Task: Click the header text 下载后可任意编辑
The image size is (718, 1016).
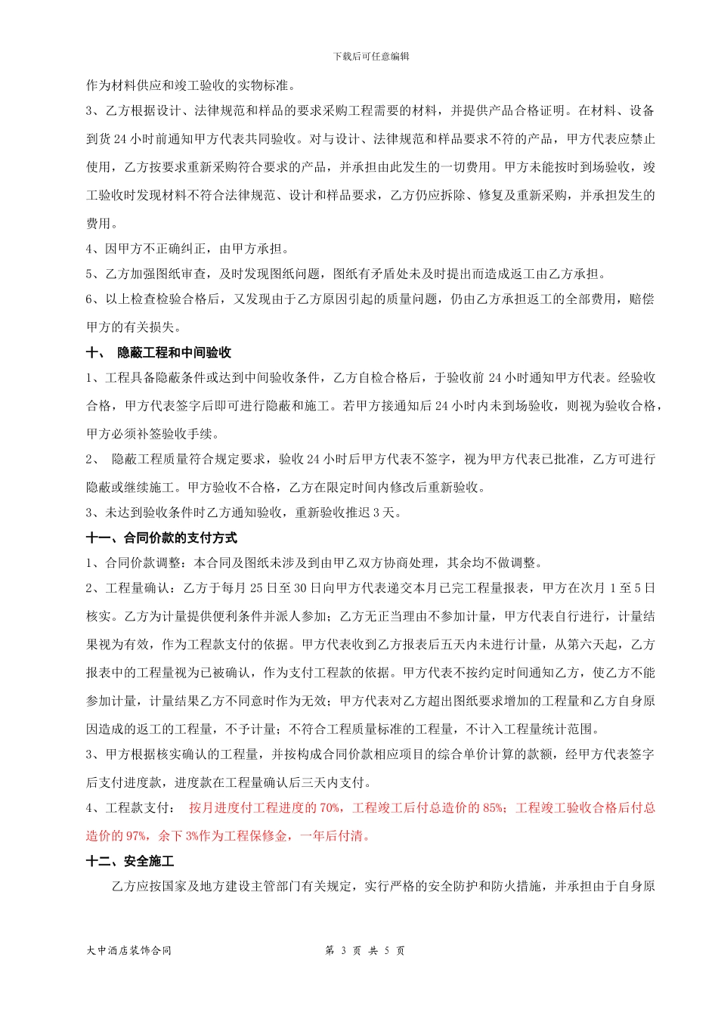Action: click(x=371, y=57)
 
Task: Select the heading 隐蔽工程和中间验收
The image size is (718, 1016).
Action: click(x=174, y=353)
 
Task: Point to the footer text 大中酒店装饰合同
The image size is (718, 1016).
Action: click(x=129, y=951)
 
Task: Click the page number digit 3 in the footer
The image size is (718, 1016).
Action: click(x=343, y=951)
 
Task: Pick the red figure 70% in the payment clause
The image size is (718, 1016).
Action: click(x=330, y=808)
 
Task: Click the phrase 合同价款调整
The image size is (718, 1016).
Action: click(x=143, y=563)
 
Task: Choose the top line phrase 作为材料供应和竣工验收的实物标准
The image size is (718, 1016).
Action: click(x=192, y=85)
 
